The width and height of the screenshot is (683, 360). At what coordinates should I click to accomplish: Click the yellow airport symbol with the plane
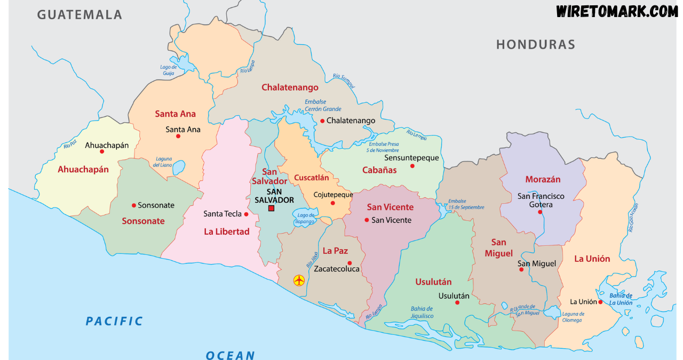coord(299,280)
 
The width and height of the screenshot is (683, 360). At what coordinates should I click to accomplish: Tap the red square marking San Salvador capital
coord(271,208)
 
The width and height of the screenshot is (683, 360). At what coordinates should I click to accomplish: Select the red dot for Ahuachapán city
coord(102,151)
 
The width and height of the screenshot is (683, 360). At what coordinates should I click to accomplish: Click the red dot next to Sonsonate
coord(134,205)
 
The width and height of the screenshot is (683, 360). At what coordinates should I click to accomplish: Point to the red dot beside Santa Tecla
coord(246,214)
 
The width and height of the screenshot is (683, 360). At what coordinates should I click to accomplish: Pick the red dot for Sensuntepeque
coord(412,166)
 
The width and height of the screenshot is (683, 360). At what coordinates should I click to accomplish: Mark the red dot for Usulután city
coord(457,302)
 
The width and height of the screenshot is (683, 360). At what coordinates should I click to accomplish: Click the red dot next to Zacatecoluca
coord(350,262)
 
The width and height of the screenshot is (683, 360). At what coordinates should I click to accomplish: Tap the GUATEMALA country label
coord(80,14)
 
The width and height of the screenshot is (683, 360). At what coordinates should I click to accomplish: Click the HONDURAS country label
coord(535,44)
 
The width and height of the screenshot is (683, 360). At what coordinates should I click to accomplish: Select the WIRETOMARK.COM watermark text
coord(617,11)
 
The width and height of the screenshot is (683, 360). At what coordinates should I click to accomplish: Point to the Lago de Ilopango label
coord(306,218)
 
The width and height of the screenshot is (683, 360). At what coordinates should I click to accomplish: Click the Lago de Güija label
coord(168,70)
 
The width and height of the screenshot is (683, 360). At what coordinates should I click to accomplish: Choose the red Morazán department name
coord(543,179)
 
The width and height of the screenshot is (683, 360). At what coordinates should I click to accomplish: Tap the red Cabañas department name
coord(379,170)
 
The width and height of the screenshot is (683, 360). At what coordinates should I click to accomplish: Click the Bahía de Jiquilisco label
coord(422,313)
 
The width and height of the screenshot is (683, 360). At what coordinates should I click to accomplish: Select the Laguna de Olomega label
coord(573,317)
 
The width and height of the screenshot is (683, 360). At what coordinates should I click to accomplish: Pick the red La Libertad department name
coord(227,231)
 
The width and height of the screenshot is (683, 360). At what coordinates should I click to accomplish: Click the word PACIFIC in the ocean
coord(115,321)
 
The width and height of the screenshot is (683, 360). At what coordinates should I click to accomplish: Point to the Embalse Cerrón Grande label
coord(322,106)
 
